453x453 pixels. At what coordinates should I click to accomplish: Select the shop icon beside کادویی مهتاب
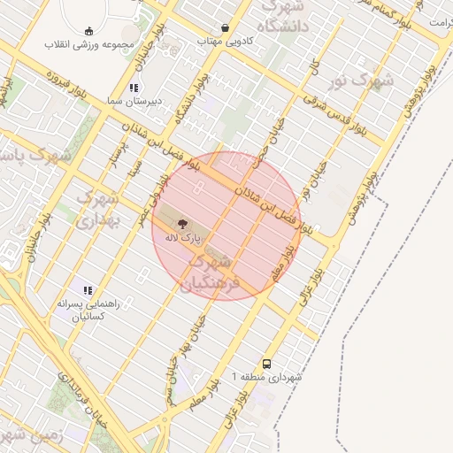click(x=225, y=28)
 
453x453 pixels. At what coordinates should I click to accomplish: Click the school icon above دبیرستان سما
click(x=134, y=88)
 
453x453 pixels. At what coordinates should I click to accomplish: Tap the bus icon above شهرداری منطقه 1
click(x=266, y=363)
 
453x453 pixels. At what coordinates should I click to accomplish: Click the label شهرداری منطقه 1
click(x=266, y=377)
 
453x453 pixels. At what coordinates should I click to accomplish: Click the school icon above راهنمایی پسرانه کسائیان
click(x=88, y=289)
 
